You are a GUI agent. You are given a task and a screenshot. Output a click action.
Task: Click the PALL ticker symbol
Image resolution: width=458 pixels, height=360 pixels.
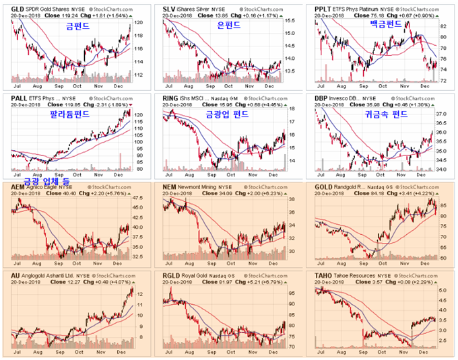(11, 98)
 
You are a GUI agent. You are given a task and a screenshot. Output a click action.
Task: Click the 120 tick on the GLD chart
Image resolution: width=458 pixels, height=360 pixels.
(139, 23)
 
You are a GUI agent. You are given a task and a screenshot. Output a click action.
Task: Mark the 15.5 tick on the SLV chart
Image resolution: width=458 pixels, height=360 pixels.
(290, 22)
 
